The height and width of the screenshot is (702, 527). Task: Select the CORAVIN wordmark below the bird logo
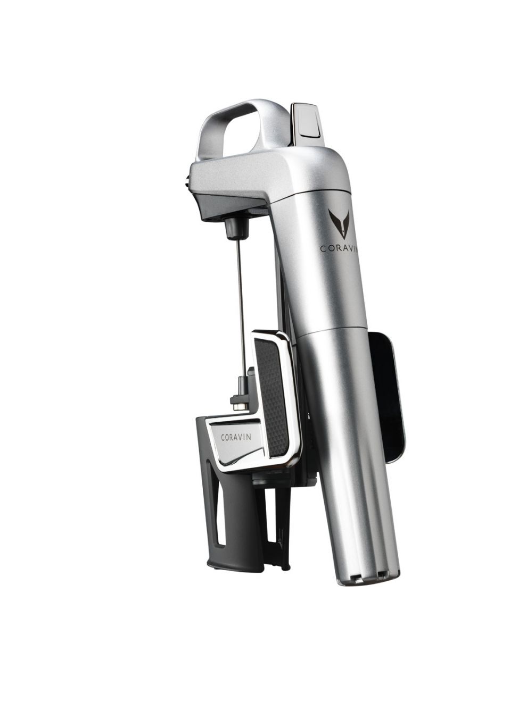coord(339,248)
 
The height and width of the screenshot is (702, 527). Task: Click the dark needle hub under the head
coord(236,228)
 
